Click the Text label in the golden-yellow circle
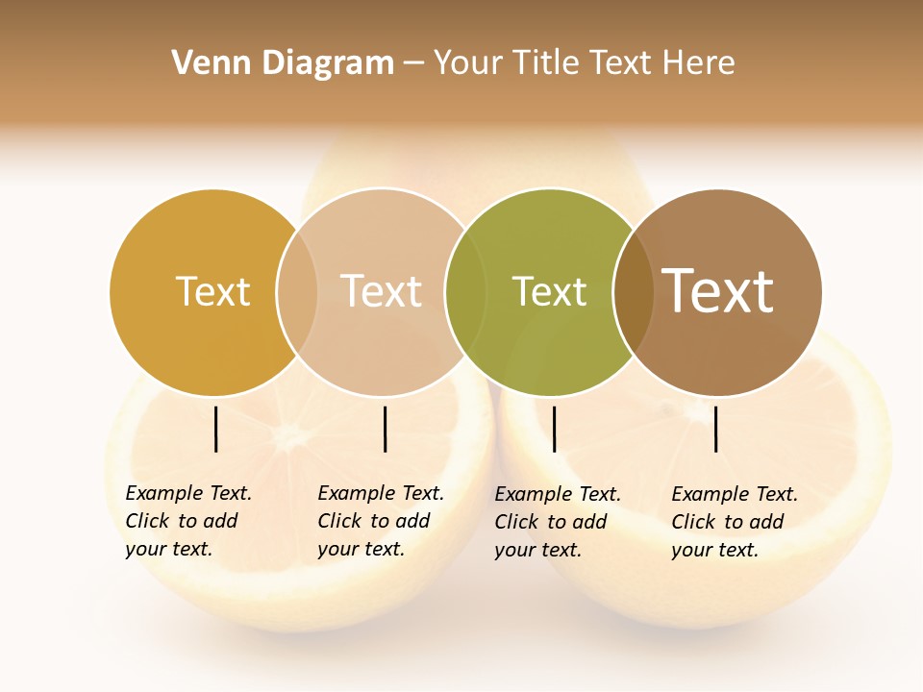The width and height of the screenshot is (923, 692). pyautogui.click(x=212, y=291)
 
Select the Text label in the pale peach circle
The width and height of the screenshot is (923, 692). pyautogui.click(x=381, y=291)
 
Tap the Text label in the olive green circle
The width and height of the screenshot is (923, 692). pyautogui.click(x=549, y=291)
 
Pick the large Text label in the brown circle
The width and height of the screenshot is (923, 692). pyautogui.click(x=717, y=290)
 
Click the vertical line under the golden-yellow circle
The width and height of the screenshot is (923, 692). pyautogui.click(x=216, y=429)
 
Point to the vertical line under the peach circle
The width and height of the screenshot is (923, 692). pyautogui.click(x=385, y=429)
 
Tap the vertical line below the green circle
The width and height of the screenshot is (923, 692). pyautogui.click(x=554, y=429)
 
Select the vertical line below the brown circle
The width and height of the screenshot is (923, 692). pyautogui.click(x=716, y=429)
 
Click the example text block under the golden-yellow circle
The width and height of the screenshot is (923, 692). pyautogui.click(x=188, y=521)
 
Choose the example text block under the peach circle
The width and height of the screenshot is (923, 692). pyautogui.click(x=381, y=521)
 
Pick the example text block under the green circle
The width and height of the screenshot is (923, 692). pyautogui.click(x=558, y=522)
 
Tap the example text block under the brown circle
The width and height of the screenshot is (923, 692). pyautogui.click(x=735, y=522)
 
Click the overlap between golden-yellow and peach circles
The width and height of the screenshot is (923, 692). pyautogui.click(x=297, y=292)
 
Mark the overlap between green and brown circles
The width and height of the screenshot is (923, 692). pyautogui.click(x=633, y=292)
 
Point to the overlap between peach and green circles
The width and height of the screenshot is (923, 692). pyautogui.click(x=465, y=292)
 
